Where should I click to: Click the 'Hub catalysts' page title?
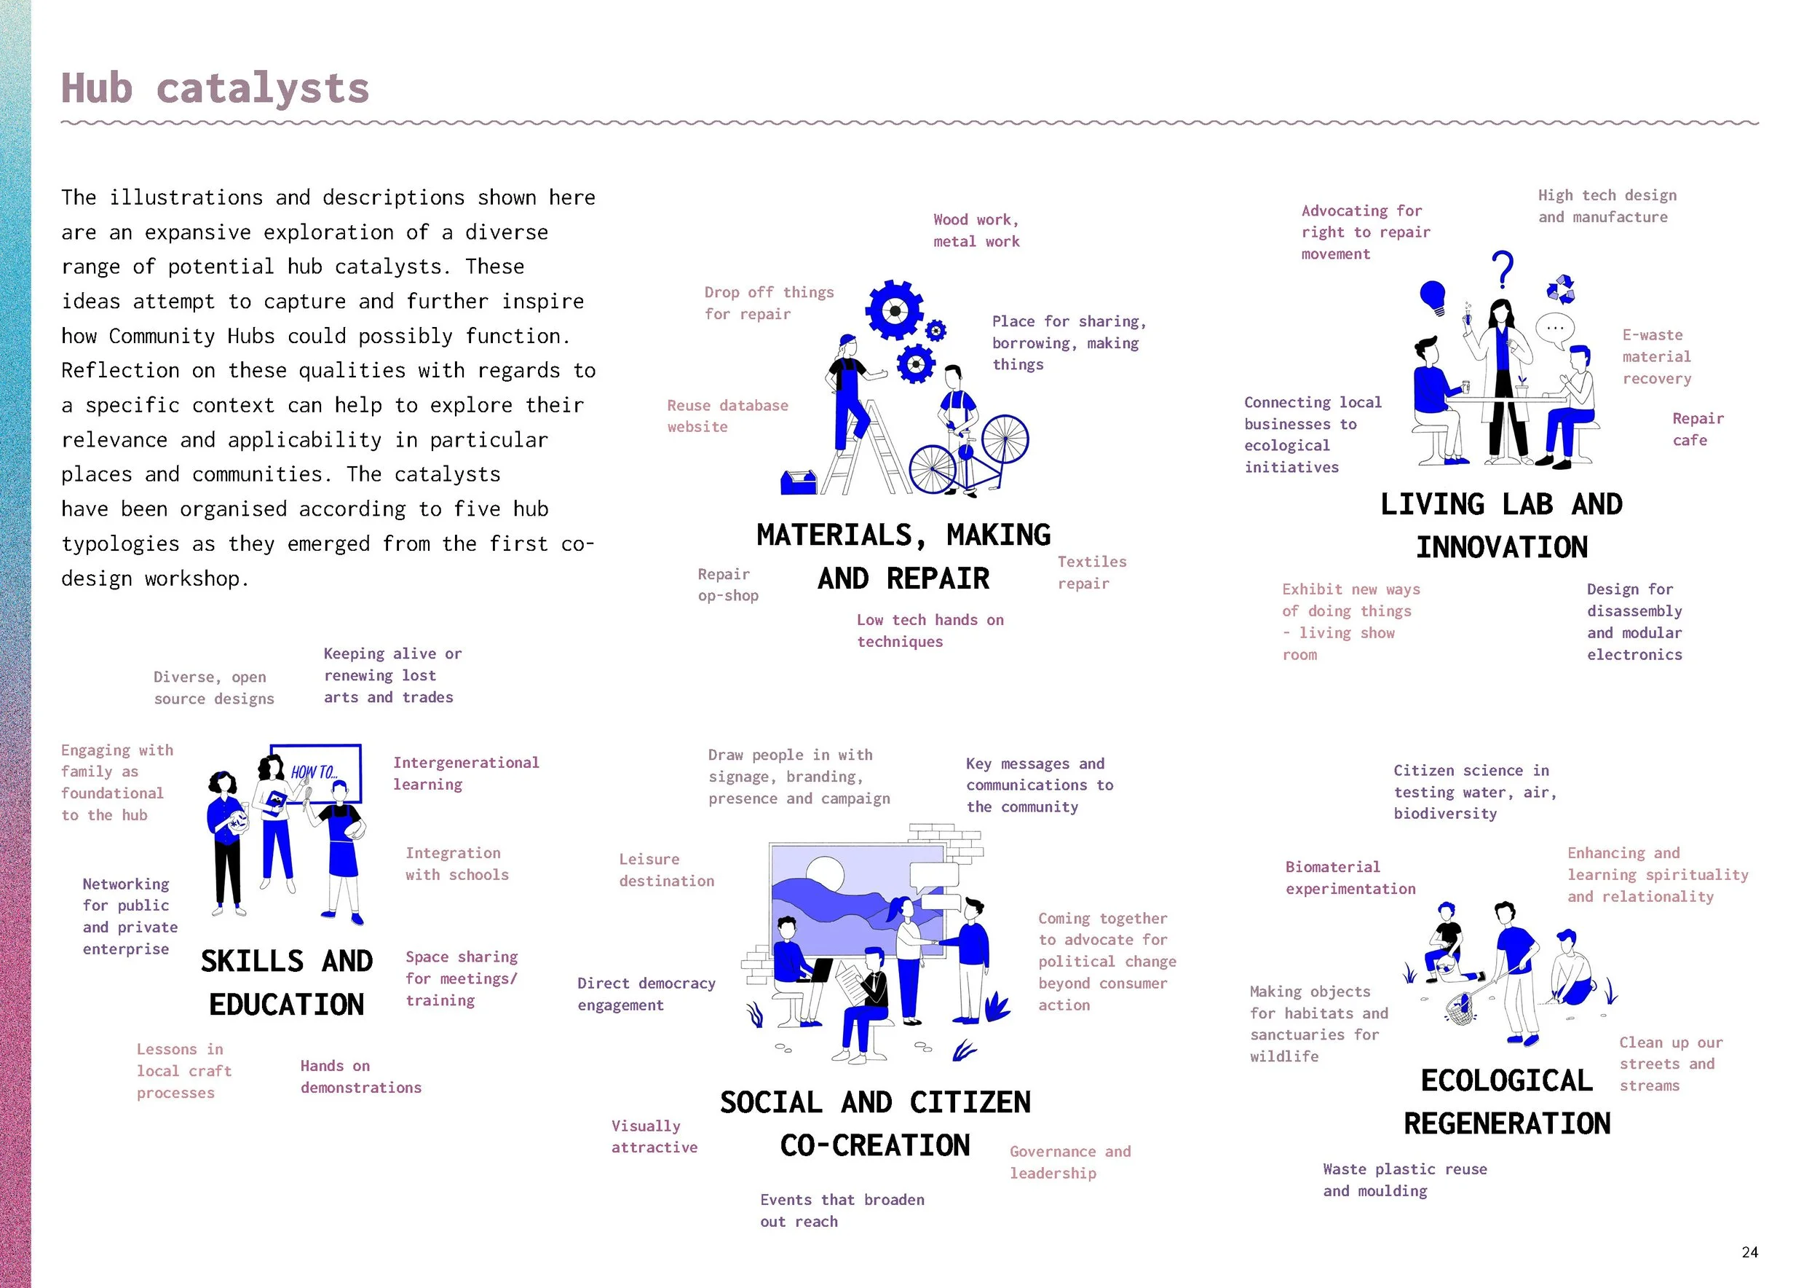pos(215,88)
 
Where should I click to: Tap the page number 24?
pos(1749,1252)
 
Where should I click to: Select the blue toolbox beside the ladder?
pos(798,482)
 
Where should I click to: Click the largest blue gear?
pos(895,310)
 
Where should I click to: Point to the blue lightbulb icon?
pos(1433,297)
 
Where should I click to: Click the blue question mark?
pos(1502,270)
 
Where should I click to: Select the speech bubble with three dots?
pos(1555,329)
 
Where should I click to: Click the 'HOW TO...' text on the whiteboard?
pos(314,771)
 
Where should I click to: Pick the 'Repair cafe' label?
pos(1697,429)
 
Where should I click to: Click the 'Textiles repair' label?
pos(1091,573)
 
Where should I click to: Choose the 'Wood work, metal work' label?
pos(976,231)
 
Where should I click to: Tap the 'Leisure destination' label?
pos(666,870)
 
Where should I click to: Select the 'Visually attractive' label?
pos(654,1136)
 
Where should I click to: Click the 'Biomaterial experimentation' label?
pos(1350,878)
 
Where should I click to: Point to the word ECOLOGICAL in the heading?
pos(1506,1080)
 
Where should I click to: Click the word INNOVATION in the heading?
pos(1501,547)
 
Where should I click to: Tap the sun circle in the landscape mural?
pos(824,875)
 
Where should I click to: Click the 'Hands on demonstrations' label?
pos(360,1076)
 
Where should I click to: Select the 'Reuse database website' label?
pos(727,415)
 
